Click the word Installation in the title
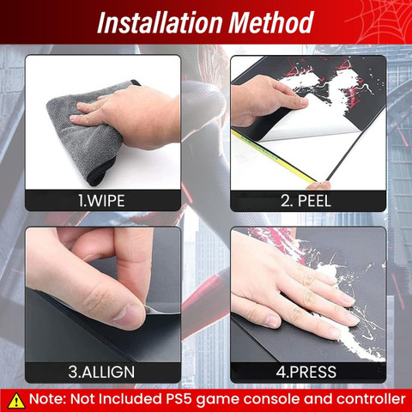(x=160, y=23)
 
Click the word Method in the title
(x=271, y=23)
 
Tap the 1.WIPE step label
(x=101, y=201)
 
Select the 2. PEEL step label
(x=306, y=201)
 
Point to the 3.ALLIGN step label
(x=101, y=372)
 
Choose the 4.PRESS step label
(x=306, y=372)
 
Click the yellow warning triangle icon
(x=16, y=400)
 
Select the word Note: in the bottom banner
(x=48, y=399)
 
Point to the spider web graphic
(x=379, y=21)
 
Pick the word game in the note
(x=218, y=400)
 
